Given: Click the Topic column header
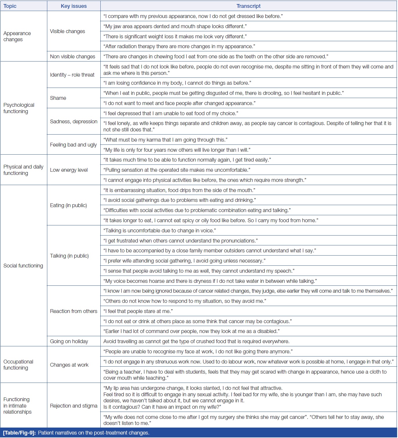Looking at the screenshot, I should tap(10, 6).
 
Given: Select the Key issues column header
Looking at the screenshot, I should tap(74, 6).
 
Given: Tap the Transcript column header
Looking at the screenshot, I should tap(248, 6).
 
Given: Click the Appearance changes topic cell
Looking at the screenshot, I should tap(17, 36).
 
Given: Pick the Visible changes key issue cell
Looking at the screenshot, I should tap(67, 31).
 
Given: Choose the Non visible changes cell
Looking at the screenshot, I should tap(73, 57).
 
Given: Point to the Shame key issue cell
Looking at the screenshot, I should tap(58, 98).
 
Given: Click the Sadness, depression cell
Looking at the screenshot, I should tap(74, 122).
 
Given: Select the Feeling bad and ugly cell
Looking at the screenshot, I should tap(73, 145).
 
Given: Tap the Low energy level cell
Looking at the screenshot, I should tap(69, 170).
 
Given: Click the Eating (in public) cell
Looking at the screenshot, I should tap(68, 205).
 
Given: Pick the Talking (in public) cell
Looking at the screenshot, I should tap(69, 256).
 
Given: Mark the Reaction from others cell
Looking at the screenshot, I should tap(74, 311).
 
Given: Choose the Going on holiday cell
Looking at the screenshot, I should tap(69, 341).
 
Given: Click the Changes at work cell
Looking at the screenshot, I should tap(69, 365).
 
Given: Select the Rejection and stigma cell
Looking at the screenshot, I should tap(74, 406).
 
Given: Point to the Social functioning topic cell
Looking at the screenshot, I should tap(23, 266).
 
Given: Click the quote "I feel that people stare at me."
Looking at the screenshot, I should tap(138, 311).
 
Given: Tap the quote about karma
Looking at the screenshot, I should tap(165, 140).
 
